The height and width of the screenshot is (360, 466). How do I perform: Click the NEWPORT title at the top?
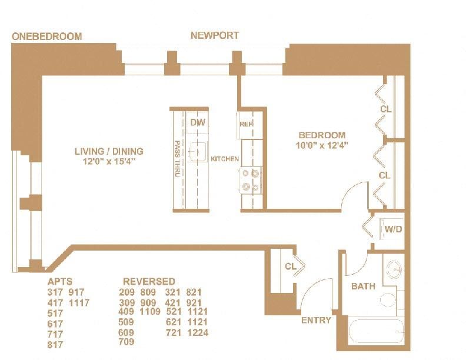tap(215, 35)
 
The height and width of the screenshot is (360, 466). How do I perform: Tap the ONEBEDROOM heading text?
tap(46, 36)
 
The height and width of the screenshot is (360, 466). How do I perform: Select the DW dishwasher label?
tap(197, 122)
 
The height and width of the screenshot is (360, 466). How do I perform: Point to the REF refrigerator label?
tap(245, 124)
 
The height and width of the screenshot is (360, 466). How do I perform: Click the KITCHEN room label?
tap(225, 159)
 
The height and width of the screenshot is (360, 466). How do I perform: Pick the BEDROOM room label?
tap(322, 135)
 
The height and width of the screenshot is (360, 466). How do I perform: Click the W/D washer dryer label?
tap(393, 229)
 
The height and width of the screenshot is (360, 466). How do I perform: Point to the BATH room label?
tap(363, 286)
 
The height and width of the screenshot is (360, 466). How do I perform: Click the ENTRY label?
tap(315, 321)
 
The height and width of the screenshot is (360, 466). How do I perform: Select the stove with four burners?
tap(251, 180)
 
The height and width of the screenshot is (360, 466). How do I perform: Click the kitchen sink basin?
tap(198, 149)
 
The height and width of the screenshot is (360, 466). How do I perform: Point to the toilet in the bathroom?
tap(387, 300)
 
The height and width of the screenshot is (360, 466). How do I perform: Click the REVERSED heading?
tap(149, 281)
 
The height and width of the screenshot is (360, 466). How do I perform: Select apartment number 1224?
tap(197, 332)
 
